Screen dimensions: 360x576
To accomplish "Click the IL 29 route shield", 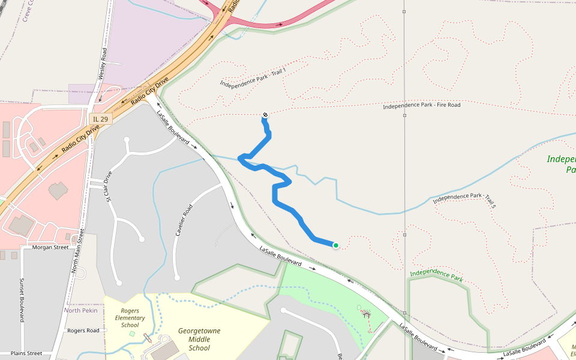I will coord(100,119).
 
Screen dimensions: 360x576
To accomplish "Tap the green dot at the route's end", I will coord(336,245).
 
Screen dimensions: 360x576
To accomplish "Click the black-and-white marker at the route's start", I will coord(265,115).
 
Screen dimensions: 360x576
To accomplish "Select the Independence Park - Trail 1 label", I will coord(253,77).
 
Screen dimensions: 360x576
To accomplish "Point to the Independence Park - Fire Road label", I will coord(422,106).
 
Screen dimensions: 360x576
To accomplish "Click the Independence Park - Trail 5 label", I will coord(464,197).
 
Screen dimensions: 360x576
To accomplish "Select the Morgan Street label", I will coord(51,247).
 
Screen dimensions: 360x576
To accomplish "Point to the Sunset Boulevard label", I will coord(22,300).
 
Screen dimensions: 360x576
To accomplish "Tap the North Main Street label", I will coord(77,246).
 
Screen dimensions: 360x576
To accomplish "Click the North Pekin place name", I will coord(81,310).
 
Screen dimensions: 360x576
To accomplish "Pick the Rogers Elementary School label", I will coord(130,318).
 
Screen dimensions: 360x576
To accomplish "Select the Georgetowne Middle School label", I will coord(199,339).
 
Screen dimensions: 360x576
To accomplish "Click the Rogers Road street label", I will coord(83,331).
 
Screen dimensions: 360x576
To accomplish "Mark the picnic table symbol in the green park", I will coord(366,313).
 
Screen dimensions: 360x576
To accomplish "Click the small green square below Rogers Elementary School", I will coord(132,333).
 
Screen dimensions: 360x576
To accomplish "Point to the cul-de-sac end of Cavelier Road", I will coord(177,277).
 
